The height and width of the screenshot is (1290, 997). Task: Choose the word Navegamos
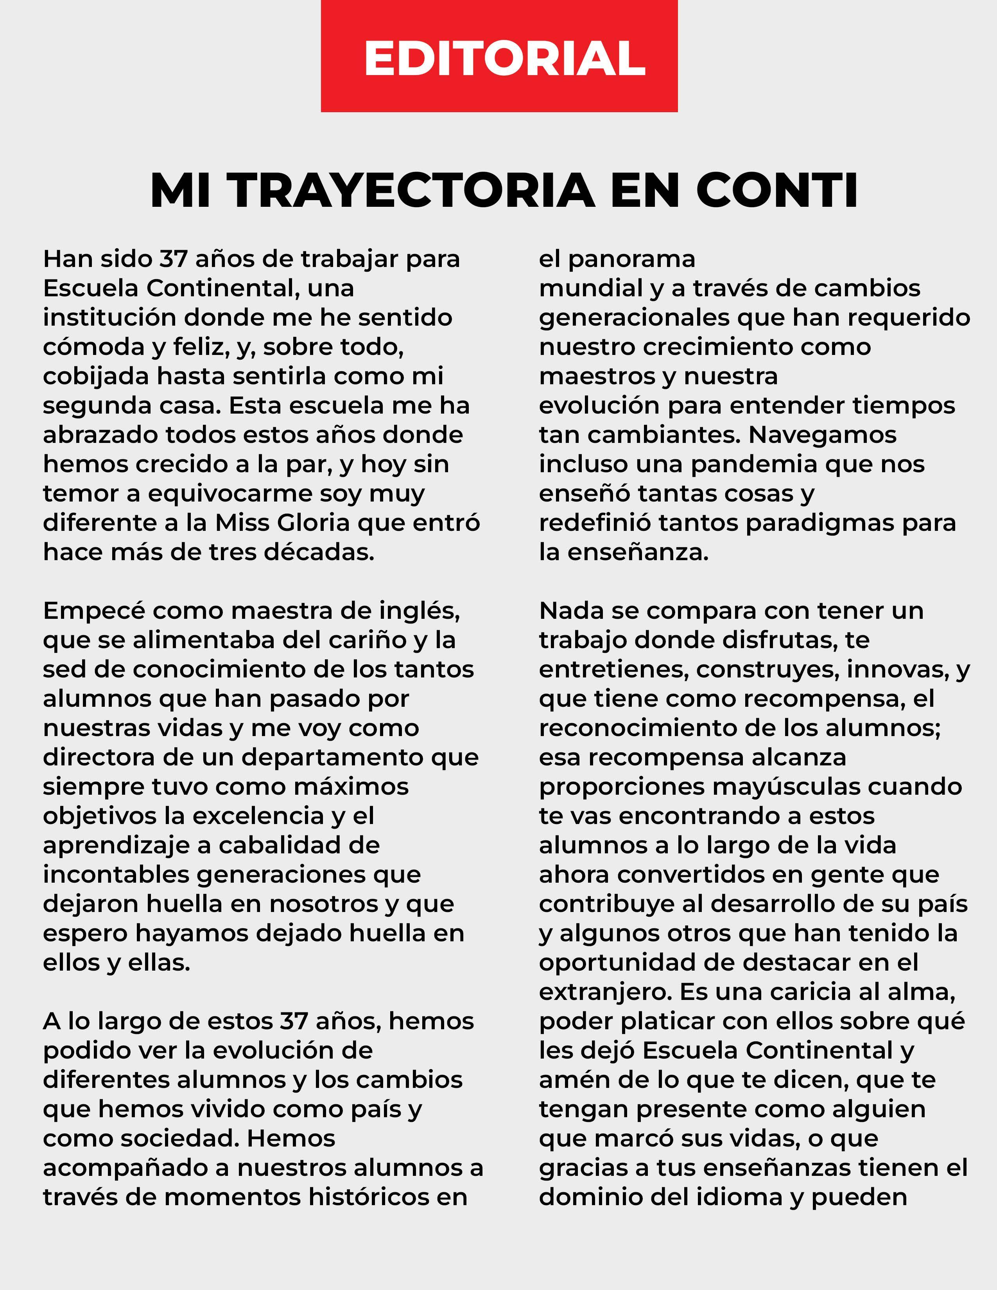coord(822,435)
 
